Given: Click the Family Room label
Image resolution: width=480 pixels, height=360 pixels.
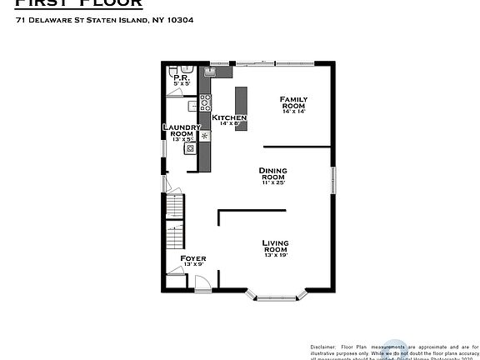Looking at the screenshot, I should pyautogui.click(x=292, y=102).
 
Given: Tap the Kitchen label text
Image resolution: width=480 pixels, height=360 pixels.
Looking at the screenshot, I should pyautogui.click(x=229, y=118).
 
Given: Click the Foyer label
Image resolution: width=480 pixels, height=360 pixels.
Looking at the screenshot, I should pyautogui.click(x=193, y=258).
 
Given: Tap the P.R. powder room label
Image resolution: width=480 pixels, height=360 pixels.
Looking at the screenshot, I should pyautogui.click(x=181, y=78).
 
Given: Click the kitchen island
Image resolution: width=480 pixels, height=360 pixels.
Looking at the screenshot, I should pyautogui.click(x=242, y=102).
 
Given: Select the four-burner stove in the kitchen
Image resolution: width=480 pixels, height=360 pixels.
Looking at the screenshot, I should pyautogui.click(x=205, y=105).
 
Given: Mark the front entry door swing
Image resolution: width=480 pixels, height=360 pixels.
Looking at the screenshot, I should pyautogui.click(x=201, y=283).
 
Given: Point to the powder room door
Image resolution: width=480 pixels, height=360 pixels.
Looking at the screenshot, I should pyautogui.click(x=176, y=94).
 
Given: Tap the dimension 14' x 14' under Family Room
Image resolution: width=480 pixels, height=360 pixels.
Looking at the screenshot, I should pyautogui.click(x=292, y=112).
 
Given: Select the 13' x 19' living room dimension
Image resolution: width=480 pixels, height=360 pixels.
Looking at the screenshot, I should pyautogui.click(x=276, y=256).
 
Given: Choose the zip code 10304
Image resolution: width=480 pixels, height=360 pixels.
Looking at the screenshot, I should pyautogui.click(x=181, y=21).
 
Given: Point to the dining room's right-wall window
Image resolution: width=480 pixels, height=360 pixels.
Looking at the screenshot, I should pyautogui.click(x=332, y=181).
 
